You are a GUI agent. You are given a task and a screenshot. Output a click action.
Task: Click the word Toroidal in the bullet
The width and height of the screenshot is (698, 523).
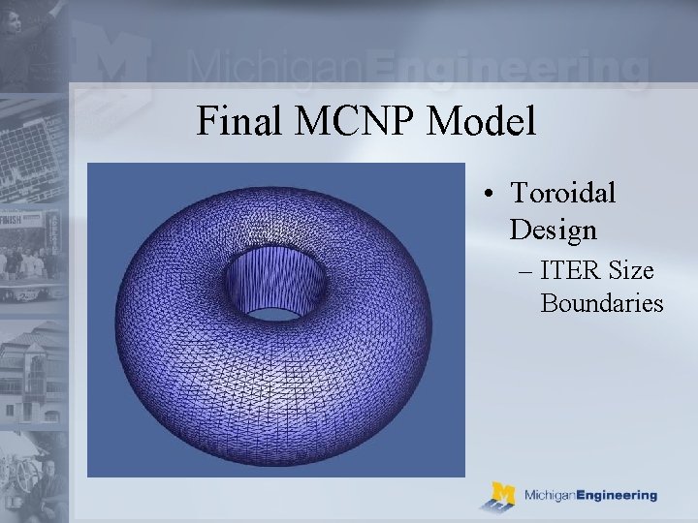tap(562, 193)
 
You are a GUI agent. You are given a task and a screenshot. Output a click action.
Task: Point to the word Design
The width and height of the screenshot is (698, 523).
tap(553, 231)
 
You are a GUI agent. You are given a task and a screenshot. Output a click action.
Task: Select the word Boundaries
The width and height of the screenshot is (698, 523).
tap(601, 304)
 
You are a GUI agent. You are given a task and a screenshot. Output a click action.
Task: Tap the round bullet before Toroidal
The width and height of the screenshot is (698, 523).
tap(493, 194)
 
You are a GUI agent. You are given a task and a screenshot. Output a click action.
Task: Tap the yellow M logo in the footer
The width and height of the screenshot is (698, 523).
tap(502, 496)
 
